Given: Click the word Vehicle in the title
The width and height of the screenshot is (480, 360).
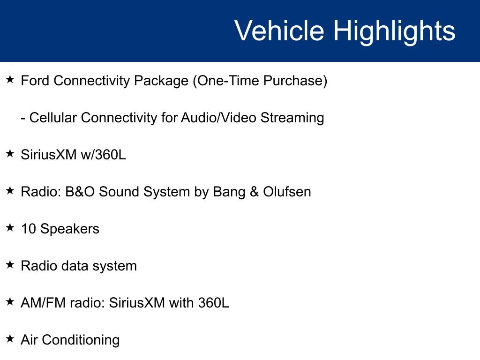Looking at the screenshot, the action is (279, 30).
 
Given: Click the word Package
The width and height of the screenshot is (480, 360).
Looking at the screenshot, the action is (161, 81).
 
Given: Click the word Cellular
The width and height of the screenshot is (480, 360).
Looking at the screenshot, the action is (53, 118).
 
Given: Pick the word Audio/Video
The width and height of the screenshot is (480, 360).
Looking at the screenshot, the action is (218, 118).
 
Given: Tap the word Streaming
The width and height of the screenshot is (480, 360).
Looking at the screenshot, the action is (292, 118).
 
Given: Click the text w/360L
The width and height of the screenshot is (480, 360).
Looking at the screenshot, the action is (103, 154).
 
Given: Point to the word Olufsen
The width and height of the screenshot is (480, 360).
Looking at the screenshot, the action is (287, 192).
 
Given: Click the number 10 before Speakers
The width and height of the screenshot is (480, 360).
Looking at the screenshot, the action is (29, 229).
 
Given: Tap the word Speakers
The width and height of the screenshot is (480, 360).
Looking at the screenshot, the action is (70, 229).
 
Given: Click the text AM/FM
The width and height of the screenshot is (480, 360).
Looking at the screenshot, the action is (43, 303).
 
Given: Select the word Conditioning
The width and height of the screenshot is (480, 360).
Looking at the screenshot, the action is (81, 340).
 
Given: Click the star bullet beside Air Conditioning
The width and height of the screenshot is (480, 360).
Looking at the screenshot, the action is (10, 338).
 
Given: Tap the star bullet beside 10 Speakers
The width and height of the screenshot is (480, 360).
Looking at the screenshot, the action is (10, 227).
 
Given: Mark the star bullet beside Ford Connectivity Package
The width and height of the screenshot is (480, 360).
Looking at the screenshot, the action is (10, 79).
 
